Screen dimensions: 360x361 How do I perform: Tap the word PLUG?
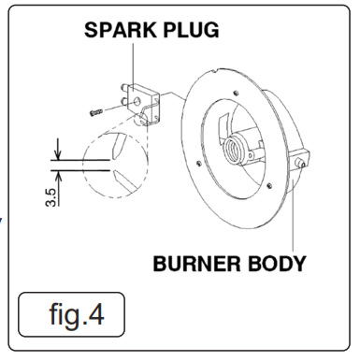191,30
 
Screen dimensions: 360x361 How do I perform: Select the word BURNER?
196,264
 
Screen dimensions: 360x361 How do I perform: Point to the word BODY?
277,264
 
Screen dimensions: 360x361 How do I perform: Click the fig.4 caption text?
77,314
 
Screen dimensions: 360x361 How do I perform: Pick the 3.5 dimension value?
51,197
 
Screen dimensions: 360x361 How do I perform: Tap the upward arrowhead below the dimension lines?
58,176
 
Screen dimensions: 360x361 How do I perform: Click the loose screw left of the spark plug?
96,112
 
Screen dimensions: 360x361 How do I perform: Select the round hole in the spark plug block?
137,101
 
